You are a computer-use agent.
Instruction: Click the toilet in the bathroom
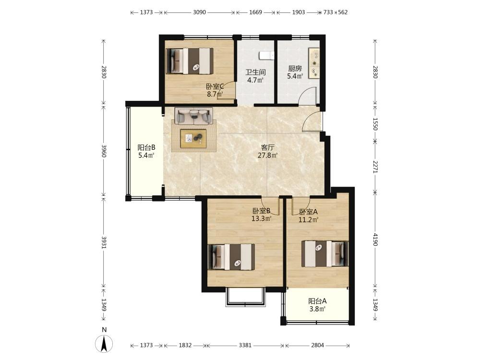pos(267,55)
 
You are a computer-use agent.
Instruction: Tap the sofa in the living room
pos(194,116)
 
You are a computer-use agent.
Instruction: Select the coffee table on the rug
pos(193,139)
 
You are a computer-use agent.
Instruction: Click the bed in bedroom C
pos(190,61)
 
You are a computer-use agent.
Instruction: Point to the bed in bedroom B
pos(231,257)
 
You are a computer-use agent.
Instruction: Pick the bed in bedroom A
pos(325,254)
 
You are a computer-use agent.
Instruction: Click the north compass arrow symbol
pos(104,344)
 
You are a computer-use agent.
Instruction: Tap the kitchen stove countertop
pos(314,63)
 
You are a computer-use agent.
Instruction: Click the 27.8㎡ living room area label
pos(267,156)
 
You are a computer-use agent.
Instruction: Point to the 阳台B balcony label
pos(146,147)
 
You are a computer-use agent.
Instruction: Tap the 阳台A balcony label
pos(317,301)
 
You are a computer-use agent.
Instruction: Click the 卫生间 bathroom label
pos(256,72)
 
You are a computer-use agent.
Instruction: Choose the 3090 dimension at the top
pos(199,12)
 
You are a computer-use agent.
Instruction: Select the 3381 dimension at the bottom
pos(245,345)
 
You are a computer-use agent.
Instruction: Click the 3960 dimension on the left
pos(104,151)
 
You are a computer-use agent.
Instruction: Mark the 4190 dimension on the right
pos(376,240)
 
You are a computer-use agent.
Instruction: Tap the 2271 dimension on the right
pos(376,167)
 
